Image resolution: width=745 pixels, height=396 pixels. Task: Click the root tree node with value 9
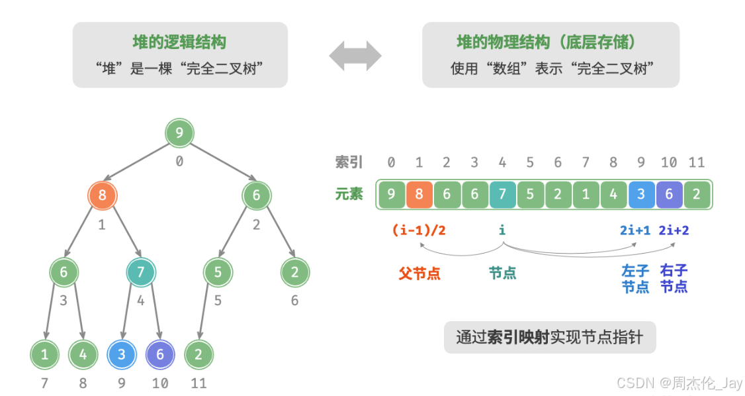pyautogui.click(x=179, y=133)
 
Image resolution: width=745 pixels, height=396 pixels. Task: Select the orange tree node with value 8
pyautogui.click(x=102, y=195)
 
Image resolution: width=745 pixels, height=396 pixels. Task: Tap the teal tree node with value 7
pyautogui.click(x=141, y=272)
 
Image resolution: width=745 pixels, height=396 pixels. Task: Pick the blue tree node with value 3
pyautogui.click(x=121, y=354)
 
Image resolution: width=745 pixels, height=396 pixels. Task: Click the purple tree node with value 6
pyautogui.click(x=159, y=354)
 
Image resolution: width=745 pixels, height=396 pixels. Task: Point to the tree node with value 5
pyautogui.click(x=218, y=272)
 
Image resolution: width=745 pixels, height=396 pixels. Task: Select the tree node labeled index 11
pyautogui.click(x=198, y=354)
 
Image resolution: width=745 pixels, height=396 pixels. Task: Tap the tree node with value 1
pyautogui.click(x=44, y=354)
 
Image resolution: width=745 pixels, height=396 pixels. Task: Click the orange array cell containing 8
pyautogui.click(x=419, y=195)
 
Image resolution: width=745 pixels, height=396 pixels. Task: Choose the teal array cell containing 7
pyautogui.click(x=502, y=195)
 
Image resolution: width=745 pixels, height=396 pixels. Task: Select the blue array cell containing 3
pyautogui.click(x=641, y=195)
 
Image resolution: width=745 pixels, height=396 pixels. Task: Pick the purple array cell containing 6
pyautogui.click(x=670, y=195)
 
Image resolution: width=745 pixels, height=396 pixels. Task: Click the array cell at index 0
pyautogui.click(x=391, y=195)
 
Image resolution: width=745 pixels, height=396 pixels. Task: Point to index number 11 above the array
pyautogui.click(x=697, y=162)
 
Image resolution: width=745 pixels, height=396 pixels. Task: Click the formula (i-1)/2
pyautogui.click(x=419, y=230)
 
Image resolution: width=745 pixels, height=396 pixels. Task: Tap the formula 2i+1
pyautogui.click(x=636, y=230)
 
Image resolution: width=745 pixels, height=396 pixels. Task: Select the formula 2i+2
pyautogui.click(x=674, y=230)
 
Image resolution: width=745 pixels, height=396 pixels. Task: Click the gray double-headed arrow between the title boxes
pyautogui.click(x=355, y=56)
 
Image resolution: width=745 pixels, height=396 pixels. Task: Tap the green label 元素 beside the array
pyautogui.click(x=349, y=195)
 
